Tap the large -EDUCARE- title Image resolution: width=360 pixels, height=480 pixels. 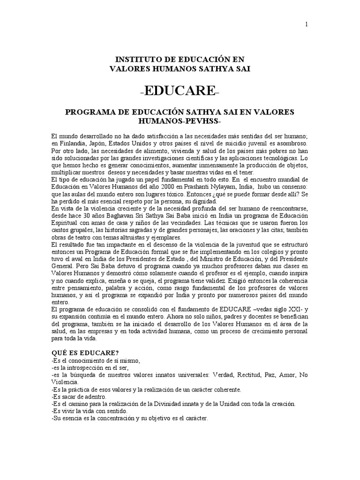tap(180, 90)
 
